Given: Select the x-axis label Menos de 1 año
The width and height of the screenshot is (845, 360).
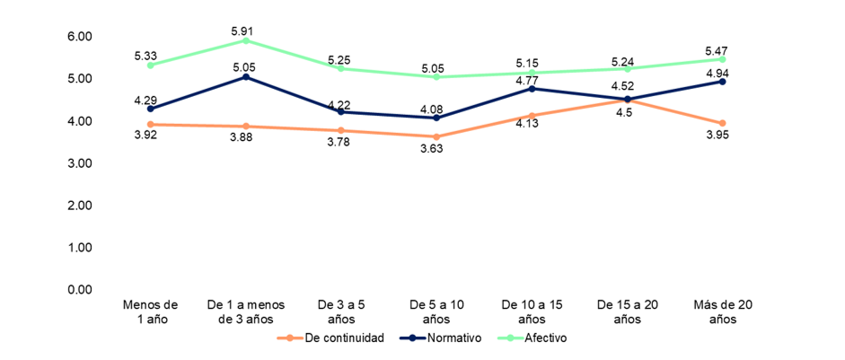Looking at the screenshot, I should (150, 312).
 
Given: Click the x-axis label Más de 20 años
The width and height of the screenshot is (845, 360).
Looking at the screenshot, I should (724, 312).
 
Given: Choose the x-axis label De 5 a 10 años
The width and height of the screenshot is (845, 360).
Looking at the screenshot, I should (436, 312).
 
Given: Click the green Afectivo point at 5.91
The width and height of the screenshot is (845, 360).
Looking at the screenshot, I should (245, 40).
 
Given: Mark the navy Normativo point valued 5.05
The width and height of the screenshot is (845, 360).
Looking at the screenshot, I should (245, 77).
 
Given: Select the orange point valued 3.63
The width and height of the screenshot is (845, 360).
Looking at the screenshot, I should (436, 136).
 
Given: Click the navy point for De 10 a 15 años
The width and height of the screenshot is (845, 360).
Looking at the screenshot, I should (532, 89).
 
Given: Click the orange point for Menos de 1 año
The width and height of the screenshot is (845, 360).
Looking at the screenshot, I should (150, 124).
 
